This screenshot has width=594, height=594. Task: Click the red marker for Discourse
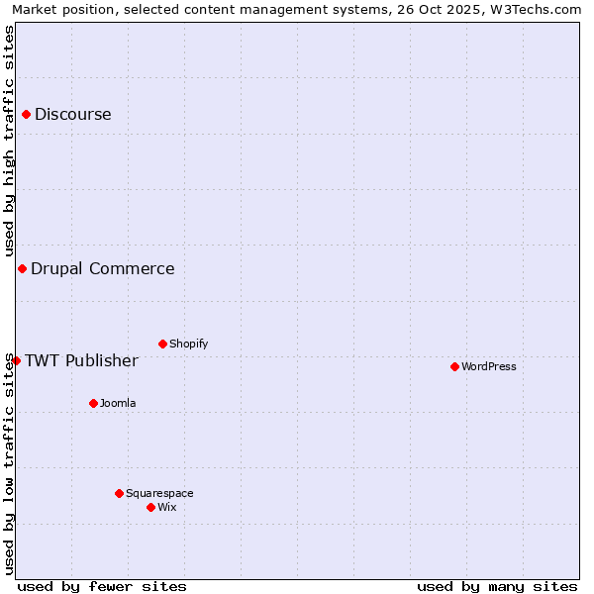click(26, 114)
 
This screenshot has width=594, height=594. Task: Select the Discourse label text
click(72, 114)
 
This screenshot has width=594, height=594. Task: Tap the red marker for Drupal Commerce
click(22, 268)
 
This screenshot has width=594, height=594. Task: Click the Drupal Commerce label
click(102, 268)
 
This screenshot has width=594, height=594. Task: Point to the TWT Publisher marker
click(16, 360)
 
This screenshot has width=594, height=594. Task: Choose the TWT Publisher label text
click(81, 360)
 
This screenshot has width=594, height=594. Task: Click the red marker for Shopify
click(162, 344)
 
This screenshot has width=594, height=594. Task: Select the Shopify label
click(188, 344)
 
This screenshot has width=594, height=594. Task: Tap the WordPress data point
click(454, 366)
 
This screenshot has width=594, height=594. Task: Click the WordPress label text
click(488, 366)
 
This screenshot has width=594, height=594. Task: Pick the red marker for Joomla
click(93, 403)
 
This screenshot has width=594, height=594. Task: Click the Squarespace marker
click(119, 493)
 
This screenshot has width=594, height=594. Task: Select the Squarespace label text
click(159, 493)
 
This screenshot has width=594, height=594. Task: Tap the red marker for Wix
click(150, 507)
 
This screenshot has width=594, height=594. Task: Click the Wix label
click(166, 507)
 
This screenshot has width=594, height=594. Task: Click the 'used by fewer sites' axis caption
click(102, 586)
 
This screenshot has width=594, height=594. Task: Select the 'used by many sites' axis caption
click(497, 586)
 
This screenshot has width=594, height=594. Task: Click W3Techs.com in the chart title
click(536, 9)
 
